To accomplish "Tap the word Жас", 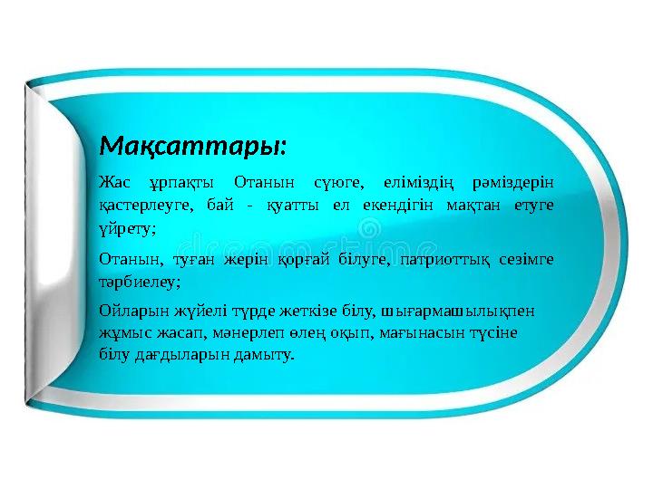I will point(113,182).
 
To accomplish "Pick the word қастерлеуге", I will point(144,205).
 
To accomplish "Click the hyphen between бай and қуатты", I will point(251,205).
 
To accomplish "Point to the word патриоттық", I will point(445,261).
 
